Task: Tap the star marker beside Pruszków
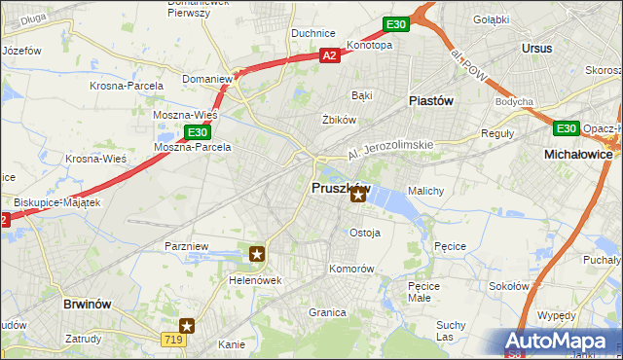coord(358,197)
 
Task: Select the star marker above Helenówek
coord(257,255)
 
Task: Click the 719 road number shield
coord(173,338)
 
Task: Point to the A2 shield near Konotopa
coord(331,56)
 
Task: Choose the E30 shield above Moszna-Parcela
coord(197,132)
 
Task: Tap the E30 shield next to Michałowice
coord(567,127)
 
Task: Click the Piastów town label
coord(430,99)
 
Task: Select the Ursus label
coord(536,48)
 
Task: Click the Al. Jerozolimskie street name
coord(390,150)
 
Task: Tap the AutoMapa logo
coord(558,342)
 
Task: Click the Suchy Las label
coord(451,330)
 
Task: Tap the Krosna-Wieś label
coord(94,159)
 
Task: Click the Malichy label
coord(425,191)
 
